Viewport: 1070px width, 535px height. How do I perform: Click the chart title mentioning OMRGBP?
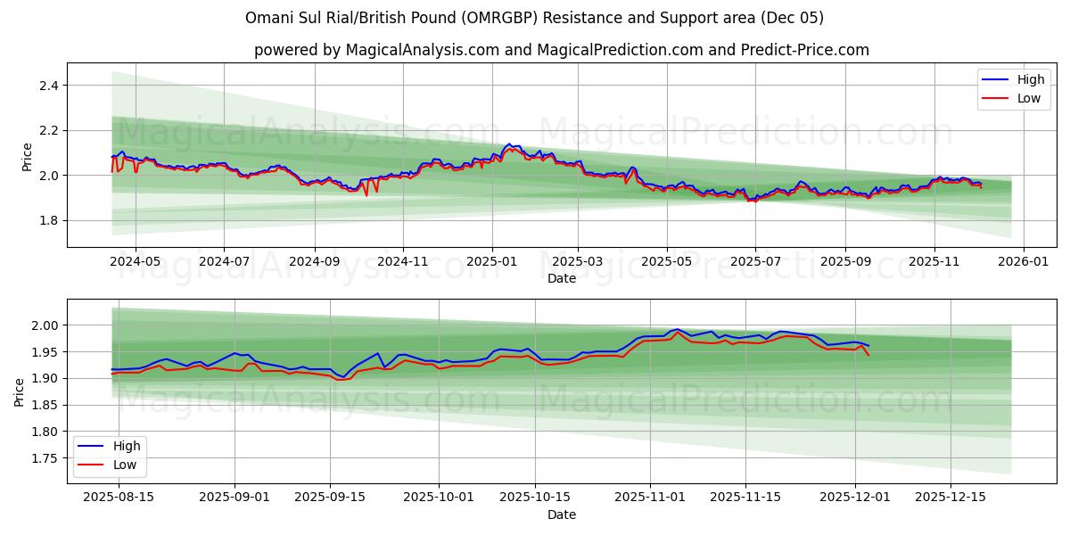click(x=534, y=18)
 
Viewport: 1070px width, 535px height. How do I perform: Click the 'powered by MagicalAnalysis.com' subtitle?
click(x=561, y=50)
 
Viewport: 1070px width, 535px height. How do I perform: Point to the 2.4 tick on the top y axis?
click(x=49, y=86)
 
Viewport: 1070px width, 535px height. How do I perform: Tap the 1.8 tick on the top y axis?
click(x=49, y=220)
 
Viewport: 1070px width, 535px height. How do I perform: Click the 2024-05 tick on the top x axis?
click(x=135, y=262)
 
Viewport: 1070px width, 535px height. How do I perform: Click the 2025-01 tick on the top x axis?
click(x=491, y=262)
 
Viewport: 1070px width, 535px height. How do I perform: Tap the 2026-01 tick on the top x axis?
click(x=1023, y=262)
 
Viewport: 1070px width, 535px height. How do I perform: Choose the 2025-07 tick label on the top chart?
click(x=755, y=262)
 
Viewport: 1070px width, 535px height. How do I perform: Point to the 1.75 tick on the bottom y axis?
click(x=45, y=458)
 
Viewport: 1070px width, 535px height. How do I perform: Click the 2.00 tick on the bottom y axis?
click(x=45, y=325)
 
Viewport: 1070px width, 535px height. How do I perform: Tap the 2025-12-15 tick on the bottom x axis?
click(x=951, y=498)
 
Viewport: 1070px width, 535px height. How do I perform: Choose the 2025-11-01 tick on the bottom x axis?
click(x=649, y=498)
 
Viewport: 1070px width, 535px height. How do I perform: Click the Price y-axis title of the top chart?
click(x=26, y=157)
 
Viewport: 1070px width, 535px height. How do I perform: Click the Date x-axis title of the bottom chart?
click(x=561, y=514)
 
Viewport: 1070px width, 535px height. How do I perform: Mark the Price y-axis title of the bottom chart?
click(x=20, y=391)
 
